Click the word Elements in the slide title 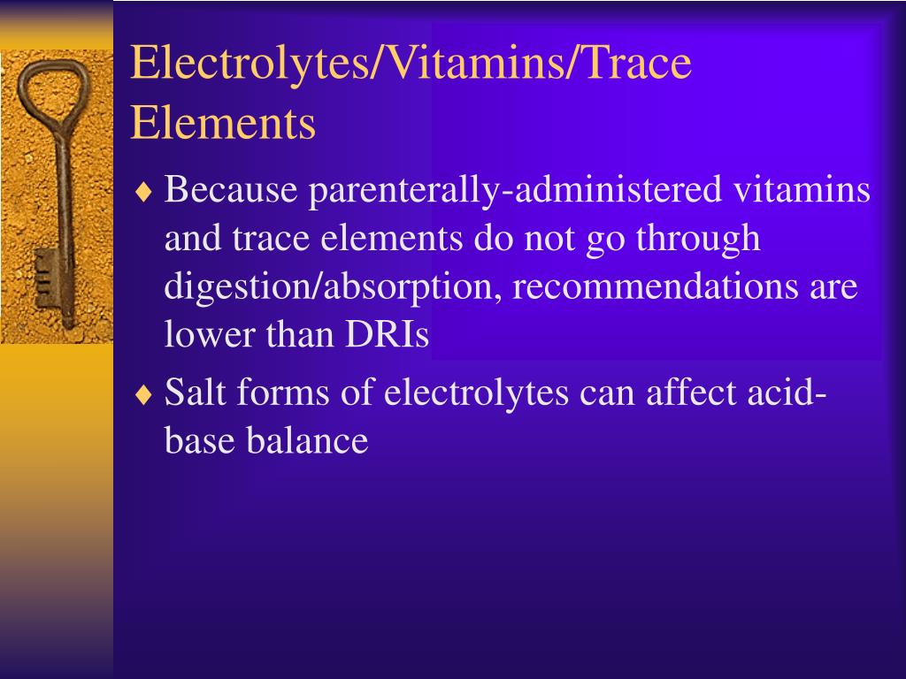(x=223, y=123)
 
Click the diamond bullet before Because (x=143, y=192)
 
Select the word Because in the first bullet (x=229, y=190)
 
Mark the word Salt (x=196, y=393)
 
